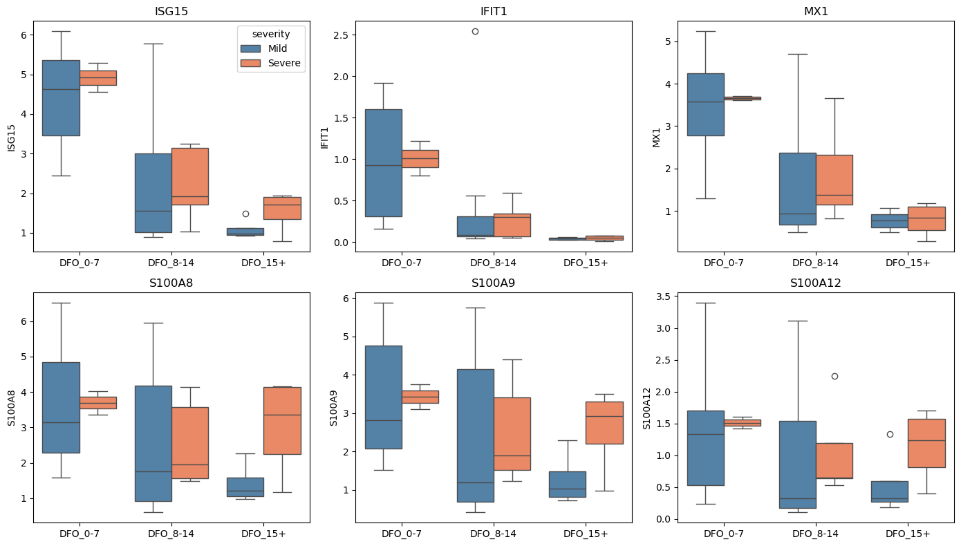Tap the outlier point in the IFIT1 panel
pyautogui.click(x=475, y=31)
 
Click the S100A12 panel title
pyautogui.click(x=815, y=283)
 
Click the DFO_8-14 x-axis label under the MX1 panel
pyautogui.click(x=816, y=263)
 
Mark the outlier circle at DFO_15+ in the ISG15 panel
pyautogui.click(x=245, y=214)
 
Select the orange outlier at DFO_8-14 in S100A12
pyautogui.click(x=834, y=376)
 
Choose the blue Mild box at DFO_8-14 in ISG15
pyautogui.click(x=153, y=193)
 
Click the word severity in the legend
pyautogui.click(x=271, y=33)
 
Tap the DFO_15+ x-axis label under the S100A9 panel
pyautogui.click(x=586, y=534)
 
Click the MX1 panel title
pyautogui.click(x=815, y=10)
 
